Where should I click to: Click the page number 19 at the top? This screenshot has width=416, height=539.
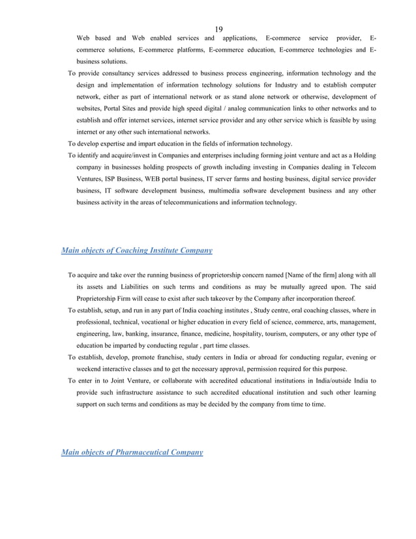[218, 29]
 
